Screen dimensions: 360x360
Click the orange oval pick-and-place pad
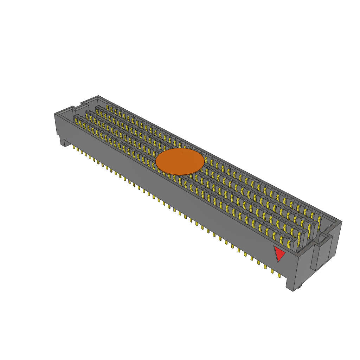180,161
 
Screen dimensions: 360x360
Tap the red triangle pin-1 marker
279,253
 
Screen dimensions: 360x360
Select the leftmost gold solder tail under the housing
74,147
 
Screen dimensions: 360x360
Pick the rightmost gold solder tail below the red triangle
279,275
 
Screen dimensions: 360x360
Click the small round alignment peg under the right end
299,287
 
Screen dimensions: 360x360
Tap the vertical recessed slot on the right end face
317,257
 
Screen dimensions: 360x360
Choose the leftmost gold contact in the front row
76,121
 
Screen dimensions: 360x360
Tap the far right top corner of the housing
341,221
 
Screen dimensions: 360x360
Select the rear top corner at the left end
98,96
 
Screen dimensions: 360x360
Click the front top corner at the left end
55,114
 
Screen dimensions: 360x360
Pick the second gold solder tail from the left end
78,150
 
